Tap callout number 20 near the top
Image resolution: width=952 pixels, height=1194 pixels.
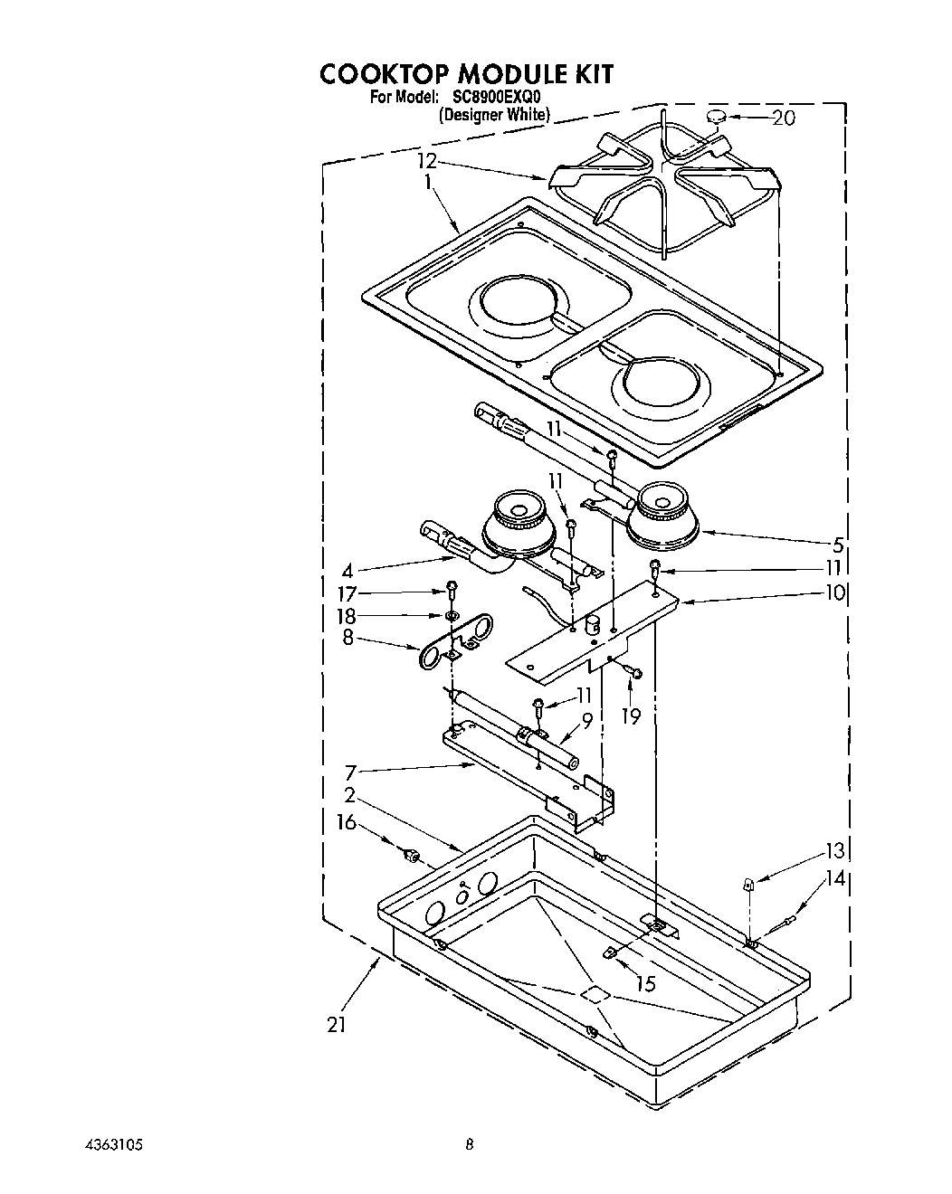[x=783, y=118]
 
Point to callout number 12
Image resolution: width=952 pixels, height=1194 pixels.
[x=427, y=161]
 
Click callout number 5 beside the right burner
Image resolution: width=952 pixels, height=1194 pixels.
[x=838, y=545]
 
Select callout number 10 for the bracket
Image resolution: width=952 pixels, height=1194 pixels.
[x=833, y=592]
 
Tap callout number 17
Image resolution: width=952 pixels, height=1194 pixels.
[x=347, y=593]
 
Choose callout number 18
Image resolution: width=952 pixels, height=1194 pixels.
[x=347, y=617]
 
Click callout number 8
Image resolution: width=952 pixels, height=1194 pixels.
[x=349, y=640]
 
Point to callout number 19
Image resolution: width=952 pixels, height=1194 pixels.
[x=631, y=716]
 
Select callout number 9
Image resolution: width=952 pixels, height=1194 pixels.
[x=587, y=721]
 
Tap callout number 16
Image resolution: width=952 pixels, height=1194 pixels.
[x=347, y=822]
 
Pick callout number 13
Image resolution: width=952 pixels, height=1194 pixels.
[x=833, y=850]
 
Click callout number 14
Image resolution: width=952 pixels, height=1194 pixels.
[x=833, y=877]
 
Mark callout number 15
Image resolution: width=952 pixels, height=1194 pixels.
[x=646, y=983]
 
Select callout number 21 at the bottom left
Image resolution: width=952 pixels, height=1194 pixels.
[x=337, y=1025]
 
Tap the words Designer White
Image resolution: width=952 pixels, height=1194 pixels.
[x=494, y=115]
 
